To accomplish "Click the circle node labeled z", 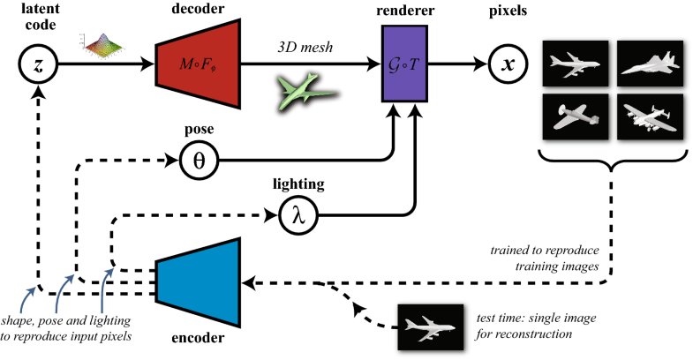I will coord(35,64).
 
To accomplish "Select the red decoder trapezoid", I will coord(199,64).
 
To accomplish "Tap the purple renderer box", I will coord(404,64).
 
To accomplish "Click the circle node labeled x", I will coord(505,64).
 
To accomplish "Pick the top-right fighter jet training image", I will coord(649,64).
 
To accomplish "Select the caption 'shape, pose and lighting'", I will coord(69,322).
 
